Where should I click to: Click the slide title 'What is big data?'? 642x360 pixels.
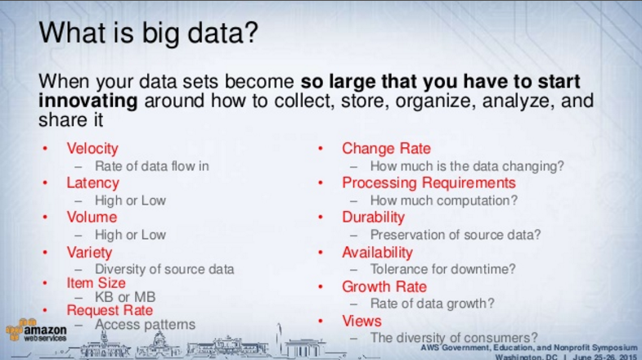tap(148, 33)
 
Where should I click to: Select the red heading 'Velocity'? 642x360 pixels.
tap(92, 148)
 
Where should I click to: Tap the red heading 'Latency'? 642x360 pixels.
tap(93, 182)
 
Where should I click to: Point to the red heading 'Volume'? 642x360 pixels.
tap(92, 217)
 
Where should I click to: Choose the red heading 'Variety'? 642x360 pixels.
tap(89, 252)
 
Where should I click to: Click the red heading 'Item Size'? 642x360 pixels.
tap(97, 282)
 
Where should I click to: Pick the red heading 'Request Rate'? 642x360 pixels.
tap(110, 310)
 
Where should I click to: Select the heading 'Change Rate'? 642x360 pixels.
tap(386, 148)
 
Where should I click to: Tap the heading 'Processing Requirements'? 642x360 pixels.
tap(429, 182)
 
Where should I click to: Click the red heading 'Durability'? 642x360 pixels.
tap(373, 217)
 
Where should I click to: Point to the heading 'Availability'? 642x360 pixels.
tap(377, 252)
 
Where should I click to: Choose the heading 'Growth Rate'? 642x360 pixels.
tap(384, 286)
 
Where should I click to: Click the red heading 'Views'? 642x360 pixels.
tap(361, 321)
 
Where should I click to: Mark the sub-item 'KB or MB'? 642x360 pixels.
tap(125, 296)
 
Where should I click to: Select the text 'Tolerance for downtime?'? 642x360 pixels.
tap(442, 269)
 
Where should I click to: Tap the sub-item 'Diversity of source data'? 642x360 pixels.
tap(164, 269)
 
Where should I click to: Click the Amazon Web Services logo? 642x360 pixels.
tap(36, 330)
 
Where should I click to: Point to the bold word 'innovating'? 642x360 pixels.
tap(88, 101)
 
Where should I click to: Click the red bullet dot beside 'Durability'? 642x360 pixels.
tap(321, 218)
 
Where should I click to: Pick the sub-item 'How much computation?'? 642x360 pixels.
tap(444, 200)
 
